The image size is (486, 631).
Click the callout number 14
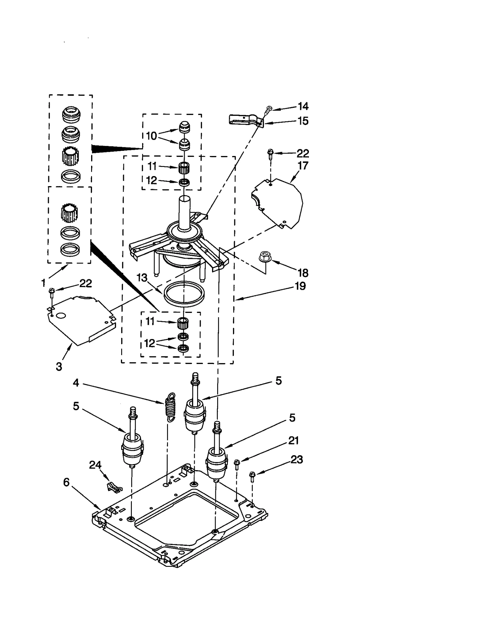click(303, 106)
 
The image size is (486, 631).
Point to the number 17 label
click(303, 165)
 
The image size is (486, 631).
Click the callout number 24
click(95, 465)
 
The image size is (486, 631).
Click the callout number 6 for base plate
click(66, 482)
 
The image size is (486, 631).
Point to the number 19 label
click(300, 286)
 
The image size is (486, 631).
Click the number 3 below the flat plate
click(59, 366)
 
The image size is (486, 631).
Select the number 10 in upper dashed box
click(151, 136)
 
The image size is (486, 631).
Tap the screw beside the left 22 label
click(52, 294)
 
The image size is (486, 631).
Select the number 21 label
click(293, 440)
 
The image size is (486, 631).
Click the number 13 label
click(142, 277)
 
